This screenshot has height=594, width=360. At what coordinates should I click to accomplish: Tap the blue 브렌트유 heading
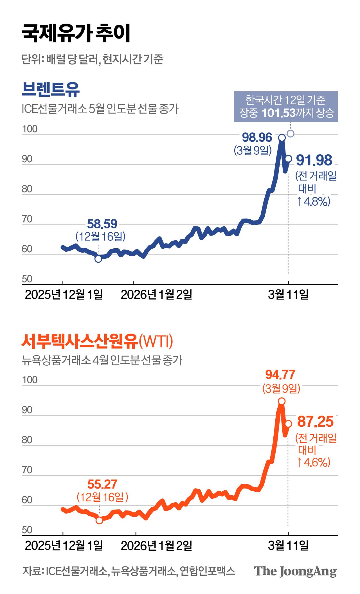point(51,89)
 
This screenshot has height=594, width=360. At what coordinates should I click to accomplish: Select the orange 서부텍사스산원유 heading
point(80,341)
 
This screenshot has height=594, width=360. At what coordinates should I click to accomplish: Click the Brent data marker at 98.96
point(282,138)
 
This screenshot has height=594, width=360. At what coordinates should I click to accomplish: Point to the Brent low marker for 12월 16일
point(98,259)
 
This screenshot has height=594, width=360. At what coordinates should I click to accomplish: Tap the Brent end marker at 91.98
point(289,159)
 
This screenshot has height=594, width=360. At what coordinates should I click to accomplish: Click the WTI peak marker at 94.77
point(282,401)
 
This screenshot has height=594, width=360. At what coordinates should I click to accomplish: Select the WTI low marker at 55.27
point(99,520)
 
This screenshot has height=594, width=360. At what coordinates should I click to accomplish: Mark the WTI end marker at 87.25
point(289,424)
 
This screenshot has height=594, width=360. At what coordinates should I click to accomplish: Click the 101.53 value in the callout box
point(278,113)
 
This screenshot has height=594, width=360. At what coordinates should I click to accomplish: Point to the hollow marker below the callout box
point(291,133)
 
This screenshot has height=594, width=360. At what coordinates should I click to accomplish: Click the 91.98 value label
point(314,160)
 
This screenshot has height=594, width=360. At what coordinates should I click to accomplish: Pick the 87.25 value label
point(315,422)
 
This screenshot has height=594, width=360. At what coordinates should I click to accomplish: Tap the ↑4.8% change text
point(314,202)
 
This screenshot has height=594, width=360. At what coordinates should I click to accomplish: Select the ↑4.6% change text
point(314,462)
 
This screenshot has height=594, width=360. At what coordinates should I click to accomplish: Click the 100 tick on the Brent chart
point(30,129)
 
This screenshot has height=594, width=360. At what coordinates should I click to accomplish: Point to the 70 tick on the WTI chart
point(27,470)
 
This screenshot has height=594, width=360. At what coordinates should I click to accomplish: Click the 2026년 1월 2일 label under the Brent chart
point(156,295)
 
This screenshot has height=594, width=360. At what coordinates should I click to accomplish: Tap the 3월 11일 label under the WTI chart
point(288,546)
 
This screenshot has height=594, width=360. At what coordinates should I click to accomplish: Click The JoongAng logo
point(295,571)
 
